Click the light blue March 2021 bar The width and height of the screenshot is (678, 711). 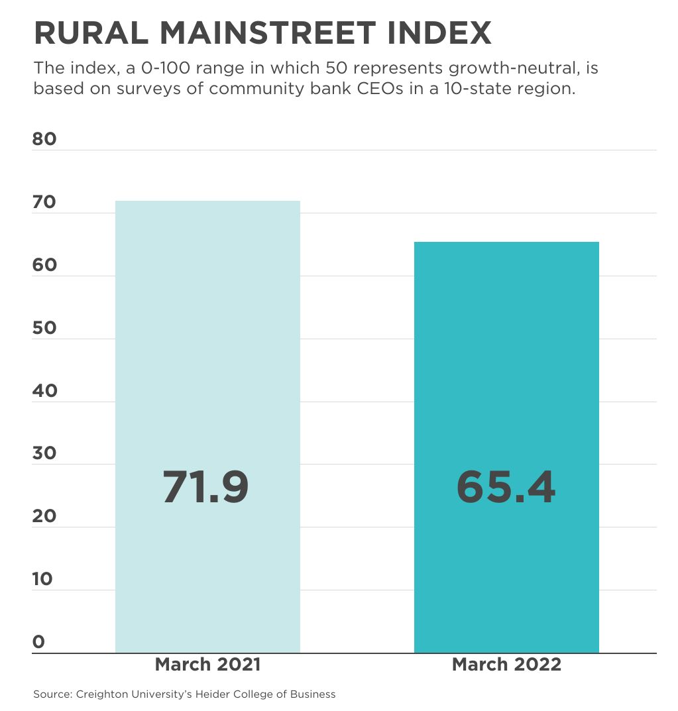207,331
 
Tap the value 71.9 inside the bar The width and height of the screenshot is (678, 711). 205,487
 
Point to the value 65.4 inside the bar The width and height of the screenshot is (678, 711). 506,487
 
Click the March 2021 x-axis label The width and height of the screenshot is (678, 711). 207,665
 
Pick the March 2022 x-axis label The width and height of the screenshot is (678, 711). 506,665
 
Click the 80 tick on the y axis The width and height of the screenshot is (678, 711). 44,139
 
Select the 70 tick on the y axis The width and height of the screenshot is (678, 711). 44,202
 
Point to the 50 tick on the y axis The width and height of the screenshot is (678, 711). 44,328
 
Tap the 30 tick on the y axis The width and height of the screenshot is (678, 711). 44,453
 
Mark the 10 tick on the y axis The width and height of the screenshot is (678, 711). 42,579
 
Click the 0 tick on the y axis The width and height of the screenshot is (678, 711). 38,641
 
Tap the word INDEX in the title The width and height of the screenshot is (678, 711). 445,33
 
